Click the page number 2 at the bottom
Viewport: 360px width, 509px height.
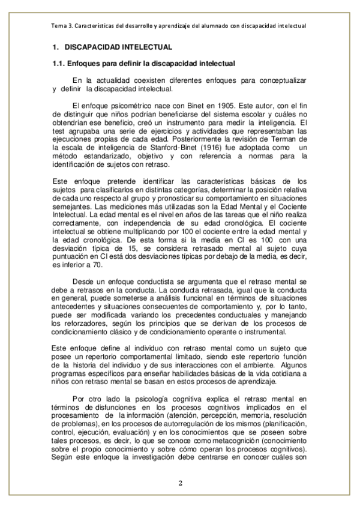point(180,483)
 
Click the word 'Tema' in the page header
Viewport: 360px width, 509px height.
point(61,26)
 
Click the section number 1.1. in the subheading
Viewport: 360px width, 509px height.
point(58,63)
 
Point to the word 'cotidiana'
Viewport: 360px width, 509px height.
point(278,372)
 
